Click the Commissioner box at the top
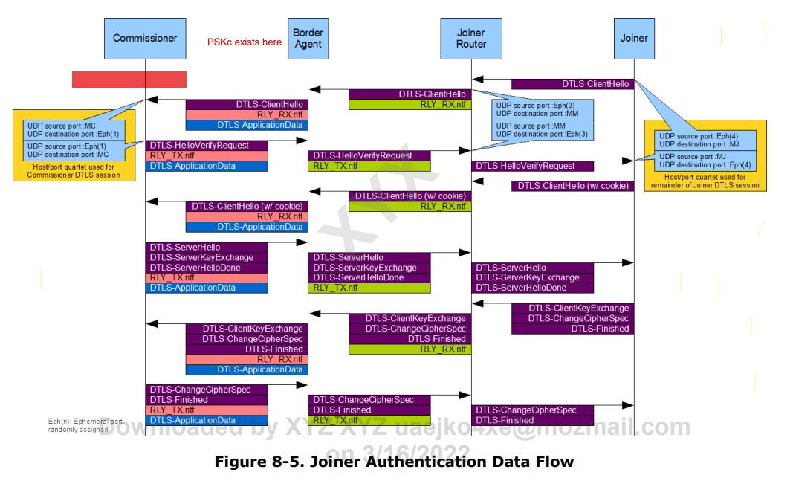click(x=145, y=38)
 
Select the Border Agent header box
click(x=308, y=39)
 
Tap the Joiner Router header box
click(x=471, y=39)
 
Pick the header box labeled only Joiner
click(x=634, y=38)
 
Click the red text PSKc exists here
click(x=245, y=42)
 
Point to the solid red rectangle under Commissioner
click(x=129, y=80)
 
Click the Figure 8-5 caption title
click(x=394, y=462)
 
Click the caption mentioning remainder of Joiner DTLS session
click(x=705, y=181)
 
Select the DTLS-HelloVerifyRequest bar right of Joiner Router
click(x=532, y=166)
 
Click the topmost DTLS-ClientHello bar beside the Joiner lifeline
click(x=572, y=84)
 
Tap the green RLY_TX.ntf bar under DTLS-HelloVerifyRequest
click(x=369, y=166)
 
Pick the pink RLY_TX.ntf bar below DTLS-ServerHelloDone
click(x=207, y=277)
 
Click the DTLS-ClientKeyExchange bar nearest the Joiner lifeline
click(x=572, y=308)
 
